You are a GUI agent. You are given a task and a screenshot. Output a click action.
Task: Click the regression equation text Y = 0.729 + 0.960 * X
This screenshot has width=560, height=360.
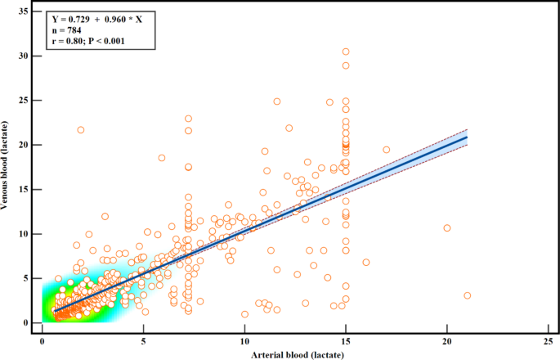point(96,18)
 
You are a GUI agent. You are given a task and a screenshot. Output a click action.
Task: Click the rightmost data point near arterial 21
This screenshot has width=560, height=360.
point(467,295)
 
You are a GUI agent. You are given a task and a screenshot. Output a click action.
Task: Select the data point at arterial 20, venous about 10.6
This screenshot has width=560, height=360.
point(447,228)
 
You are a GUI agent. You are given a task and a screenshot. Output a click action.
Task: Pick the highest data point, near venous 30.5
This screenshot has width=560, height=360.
point(346,52)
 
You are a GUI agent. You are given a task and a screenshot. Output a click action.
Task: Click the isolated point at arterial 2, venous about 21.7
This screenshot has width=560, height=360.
point(81,130)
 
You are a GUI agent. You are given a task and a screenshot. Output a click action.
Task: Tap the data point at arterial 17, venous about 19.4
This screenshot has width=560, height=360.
point(387,150)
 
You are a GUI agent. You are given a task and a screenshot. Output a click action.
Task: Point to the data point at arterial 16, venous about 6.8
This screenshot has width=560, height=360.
point(366,263)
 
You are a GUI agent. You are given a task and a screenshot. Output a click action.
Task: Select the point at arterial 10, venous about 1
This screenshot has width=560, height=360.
point(244,314)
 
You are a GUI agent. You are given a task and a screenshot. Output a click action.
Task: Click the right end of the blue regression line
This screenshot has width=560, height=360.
point(467,137)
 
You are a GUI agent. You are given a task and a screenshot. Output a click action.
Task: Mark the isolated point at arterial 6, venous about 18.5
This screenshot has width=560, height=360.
point(162,158)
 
